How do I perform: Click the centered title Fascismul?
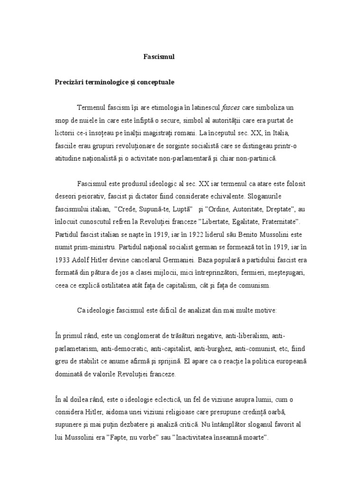click(x=159, y=56)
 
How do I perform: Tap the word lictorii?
click(x=65, y=134)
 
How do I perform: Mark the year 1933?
click(x=64, y=260)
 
